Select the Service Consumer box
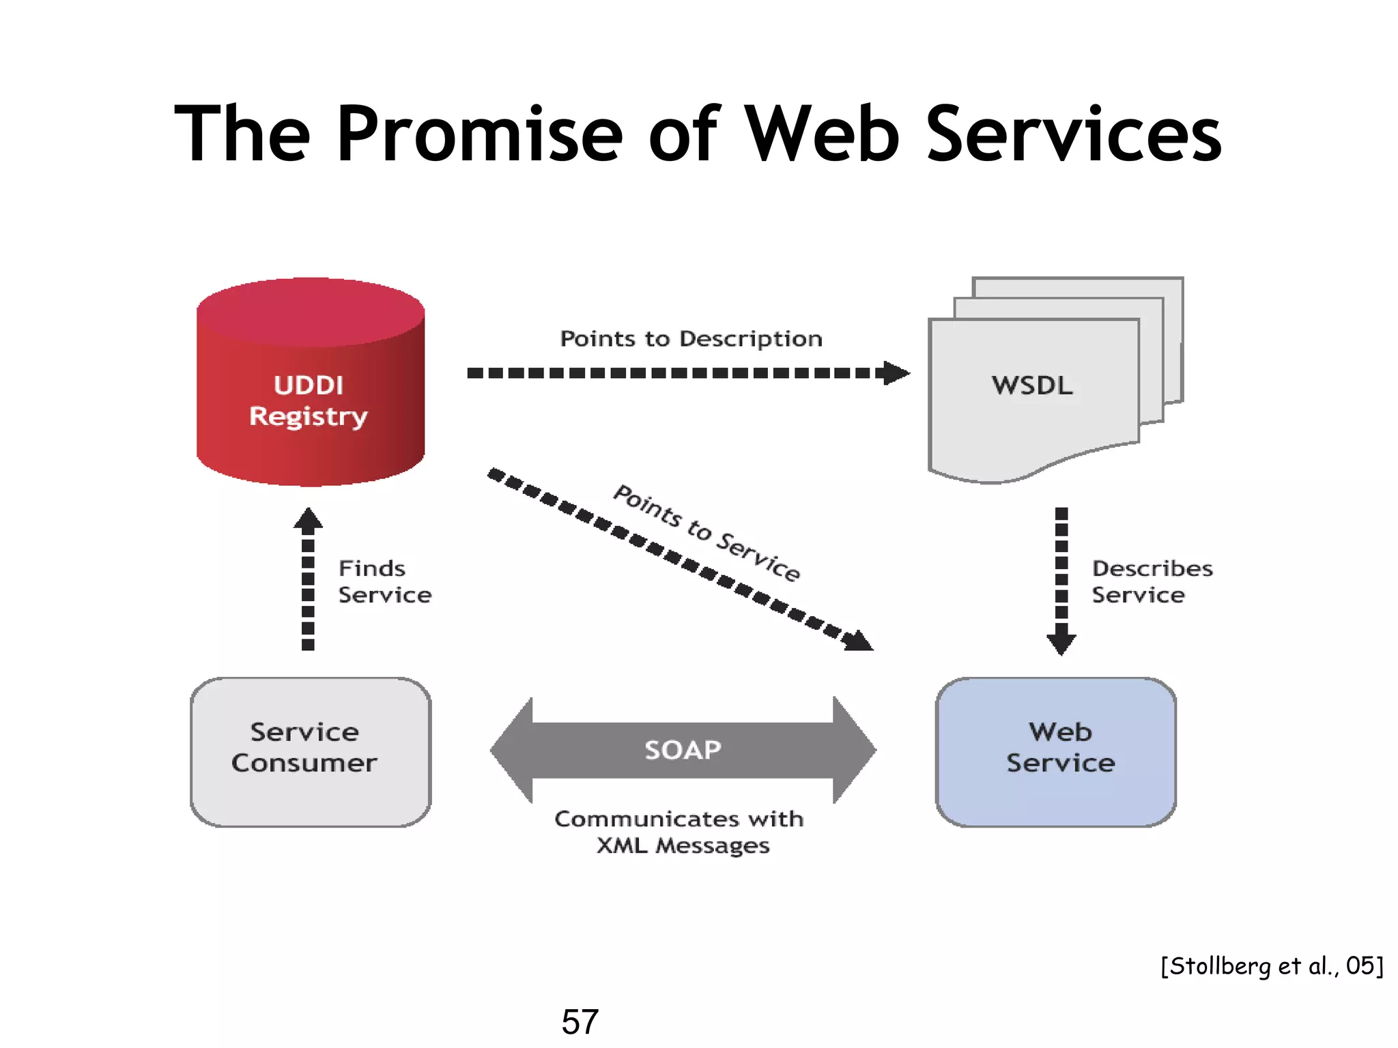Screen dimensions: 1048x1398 tap(311, 752)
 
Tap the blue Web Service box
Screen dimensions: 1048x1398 tap(1056, 752)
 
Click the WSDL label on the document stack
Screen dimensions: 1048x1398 tap(1032, 385)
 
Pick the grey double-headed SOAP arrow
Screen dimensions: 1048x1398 tap(683, 750)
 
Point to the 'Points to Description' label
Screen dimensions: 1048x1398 tap(691, 338)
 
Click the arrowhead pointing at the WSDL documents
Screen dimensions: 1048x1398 tap(896, 373)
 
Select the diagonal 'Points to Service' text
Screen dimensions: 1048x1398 tap(707, 532)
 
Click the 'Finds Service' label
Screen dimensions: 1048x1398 tap(384, 581)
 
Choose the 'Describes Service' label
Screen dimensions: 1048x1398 tap(1152, 581)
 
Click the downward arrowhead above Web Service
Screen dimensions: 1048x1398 tap(1061, 643)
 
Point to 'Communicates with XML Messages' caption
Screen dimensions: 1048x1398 tap(680, 831)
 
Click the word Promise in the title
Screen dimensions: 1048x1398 tap(479, 134)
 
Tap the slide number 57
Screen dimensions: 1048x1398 tap(580, 1021)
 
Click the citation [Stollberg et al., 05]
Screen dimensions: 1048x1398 tap(1271, 965)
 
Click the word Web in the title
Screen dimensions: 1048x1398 tap(822, 134)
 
